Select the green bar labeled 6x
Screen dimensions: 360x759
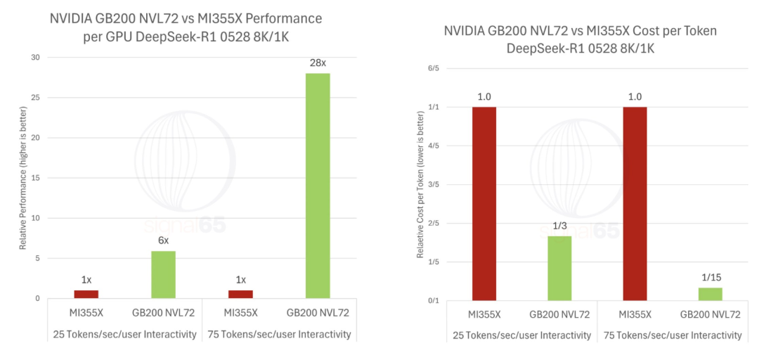click(163, 274)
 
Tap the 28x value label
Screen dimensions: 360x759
click(318, 63)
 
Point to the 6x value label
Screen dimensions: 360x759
click(163, 240)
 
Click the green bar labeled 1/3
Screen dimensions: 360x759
click(560, 268)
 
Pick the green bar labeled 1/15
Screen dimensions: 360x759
click(710, 294)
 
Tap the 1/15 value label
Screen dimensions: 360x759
click(710, 277)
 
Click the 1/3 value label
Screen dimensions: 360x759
click(560, 225)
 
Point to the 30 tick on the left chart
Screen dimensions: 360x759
click(36, 57)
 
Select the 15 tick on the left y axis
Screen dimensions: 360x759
click(36, 178)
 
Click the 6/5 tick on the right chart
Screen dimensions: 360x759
click(432, 68)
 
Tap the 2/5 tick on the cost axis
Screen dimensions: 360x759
click(432, 224)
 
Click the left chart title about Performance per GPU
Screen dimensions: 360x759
click(186, 27)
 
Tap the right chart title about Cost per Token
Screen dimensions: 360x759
click(580, 39)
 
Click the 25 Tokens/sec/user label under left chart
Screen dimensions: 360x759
click(124, 334)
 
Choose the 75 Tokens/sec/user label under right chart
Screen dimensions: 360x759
click(671, 335)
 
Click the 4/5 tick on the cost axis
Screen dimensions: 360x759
click(432, 146)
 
